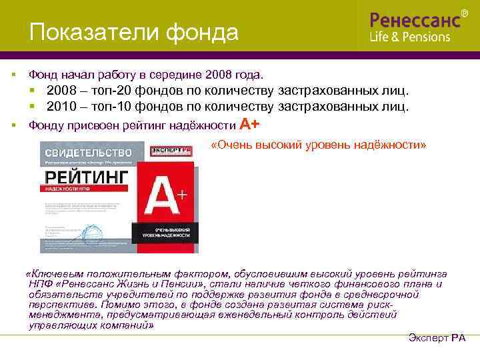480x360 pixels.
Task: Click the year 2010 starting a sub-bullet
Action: tap(61, 107)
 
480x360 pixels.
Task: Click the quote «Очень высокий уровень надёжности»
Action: tap(318, 145)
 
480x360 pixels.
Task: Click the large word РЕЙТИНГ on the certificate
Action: tap(86, 177)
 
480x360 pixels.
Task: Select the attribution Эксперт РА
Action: tap(436, 338)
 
